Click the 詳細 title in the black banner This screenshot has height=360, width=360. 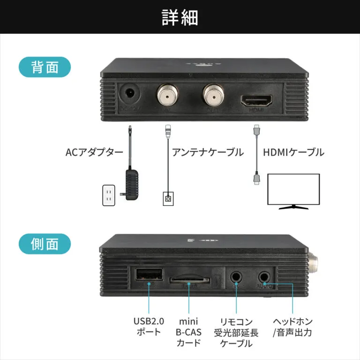point(180,17)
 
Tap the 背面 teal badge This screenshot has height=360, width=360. point(45,67)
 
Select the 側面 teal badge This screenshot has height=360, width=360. point(45,244)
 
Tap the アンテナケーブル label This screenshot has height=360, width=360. point(208,152)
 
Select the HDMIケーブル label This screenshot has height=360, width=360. point(293,152)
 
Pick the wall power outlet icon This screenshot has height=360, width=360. point(109,195)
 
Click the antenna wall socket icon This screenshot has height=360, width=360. point(167,199)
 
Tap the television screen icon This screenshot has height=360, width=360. point(293,190)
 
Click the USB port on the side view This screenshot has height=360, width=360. point(149,275)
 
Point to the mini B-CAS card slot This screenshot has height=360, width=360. point(189,280)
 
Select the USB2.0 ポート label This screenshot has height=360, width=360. point(149,327)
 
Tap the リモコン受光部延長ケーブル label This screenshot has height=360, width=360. point(236,332)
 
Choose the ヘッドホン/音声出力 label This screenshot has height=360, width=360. point(292,327)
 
